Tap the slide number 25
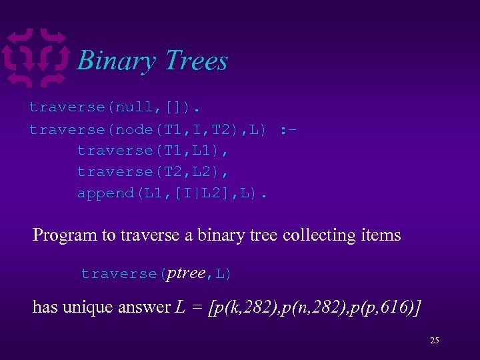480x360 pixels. click(435, 341)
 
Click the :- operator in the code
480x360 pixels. click(289, 129)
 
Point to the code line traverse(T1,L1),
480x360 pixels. click(153, 150)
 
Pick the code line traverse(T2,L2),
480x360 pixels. click(153, 171)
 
